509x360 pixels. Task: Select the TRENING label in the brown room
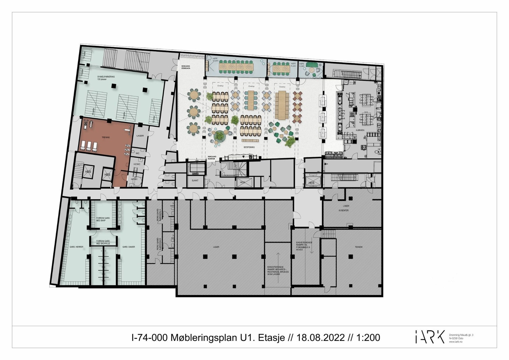(x=106, y=138)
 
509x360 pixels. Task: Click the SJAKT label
(x=195, y=180)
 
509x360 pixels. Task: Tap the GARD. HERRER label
(x=77, y=247)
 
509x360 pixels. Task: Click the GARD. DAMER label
(x=129, y=247)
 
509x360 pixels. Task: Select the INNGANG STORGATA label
(x=185, y=67)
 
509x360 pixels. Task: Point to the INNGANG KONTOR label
(x=212, y=158)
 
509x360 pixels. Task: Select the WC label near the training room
(x=137, y=153)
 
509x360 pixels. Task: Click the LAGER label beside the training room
(x=140, y=136)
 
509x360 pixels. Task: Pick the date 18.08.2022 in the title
(x=320, y=338)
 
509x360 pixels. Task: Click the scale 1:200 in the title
(x=368, y=338)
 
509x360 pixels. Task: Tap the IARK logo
(x=430, y=337)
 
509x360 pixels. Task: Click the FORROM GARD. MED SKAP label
(x=103, y=219)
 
